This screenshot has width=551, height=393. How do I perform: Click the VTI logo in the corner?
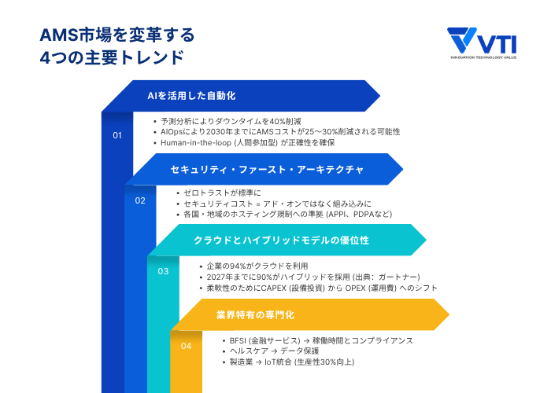(483, 44)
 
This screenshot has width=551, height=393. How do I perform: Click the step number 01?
(117, 135)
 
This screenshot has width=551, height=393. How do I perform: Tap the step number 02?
(140, 200)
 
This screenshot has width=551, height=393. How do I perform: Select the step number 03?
(163, 272)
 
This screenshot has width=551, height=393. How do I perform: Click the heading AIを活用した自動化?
(192, 96)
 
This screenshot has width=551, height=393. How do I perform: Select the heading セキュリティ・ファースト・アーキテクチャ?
(267, 169)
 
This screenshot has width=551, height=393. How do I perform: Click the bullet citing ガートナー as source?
(312, 277)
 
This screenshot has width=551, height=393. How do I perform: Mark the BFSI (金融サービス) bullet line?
(320, 340)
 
